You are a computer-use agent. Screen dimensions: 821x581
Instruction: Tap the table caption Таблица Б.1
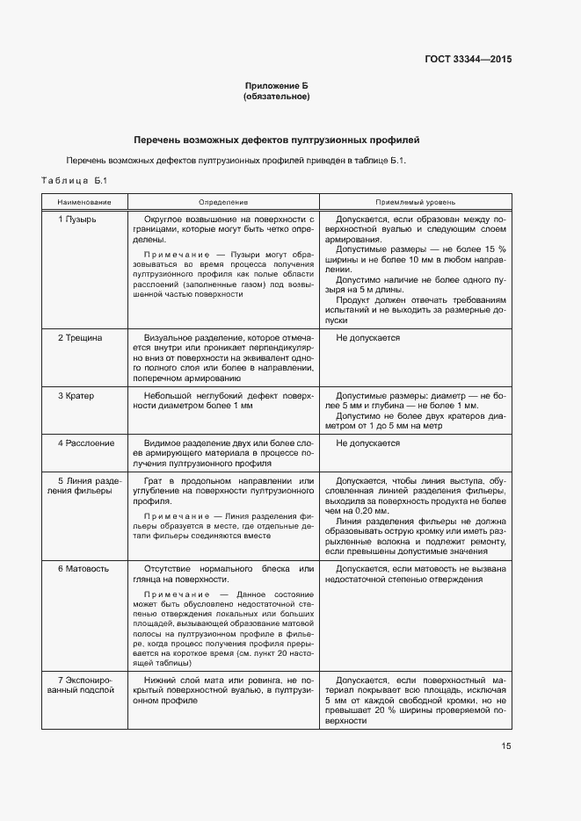point(74,180)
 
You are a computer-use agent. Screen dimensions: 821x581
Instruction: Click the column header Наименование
point(84,201)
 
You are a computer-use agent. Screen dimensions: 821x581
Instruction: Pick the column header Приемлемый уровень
point(416,201)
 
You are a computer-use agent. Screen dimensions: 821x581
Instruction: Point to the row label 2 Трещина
point(80,337)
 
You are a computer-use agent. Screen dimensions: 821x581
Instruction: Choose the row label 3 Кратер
point(76,395)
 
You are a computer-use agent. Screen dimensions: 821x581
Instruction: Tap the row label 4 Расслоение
point(85,443)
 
